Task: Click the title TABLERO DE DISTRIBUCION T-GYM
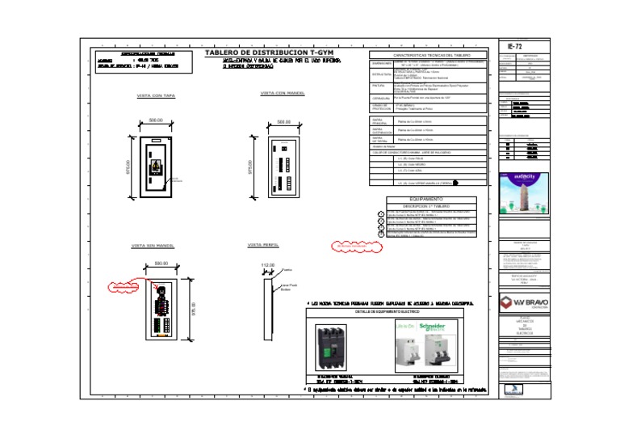coord(269,53)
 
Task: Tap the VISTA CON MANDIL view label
coord(282,93)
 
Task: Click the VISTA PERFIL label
coord(264,244)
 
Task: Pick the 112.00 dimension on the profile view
coord(267,265)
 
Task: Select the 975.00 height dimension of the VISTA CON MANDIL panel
coord(250,166)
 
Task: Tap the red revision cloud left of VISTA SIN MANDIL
coord(125,286)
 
